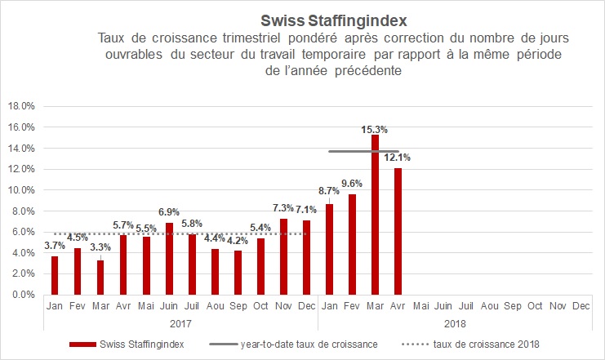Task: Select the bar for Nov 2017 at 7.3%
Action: click(x=283, y=256)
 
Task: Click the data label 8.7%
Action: click(x=328, y=190)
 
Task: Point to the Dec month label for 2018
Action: click(x=581, y=306)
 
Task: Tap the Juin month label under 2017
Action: click(x=169, y=306)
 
